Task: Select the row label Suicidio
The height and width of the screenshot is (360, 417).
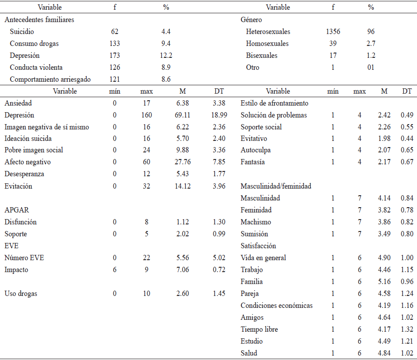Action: pos(22,32)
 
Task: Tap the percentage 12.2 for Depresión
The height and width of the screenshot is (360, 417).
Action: pos(166,56)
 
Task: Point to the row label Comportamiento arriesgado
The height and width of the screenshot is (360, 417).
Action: pos(50,80)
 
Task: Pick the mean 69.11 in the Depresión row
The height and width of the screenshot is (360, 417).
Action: pos(182,115)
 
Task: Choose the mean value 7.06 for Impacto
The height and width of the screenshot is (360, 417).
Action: pos(182,270)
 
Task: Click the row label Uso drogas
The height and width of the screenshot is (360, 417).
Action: pos(21,294)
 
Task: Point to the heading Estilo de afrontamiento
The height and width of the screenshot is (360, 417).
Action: pos(275,103)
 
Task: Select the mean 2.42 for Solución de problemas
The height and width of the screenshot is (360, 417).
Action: pos(384,115)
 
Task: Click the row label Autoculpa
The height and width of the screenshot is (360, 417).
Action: pos(256,150)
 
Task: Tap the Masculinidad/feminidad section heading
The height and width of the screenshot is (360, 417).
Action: pos(276,186)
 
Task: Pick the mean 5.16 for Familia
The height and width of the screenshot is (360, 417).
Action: pos(384,282)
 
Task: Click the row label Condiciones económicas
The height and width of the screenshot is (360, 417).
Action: pos(277,306)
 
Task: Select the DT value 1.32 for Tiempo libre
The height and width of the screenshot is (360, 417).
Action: pos(406,330)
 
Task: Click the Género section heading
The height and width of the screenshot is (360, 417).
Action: pos(252,20)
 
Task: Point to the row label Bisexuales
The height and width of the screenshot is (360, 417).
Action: pos(262,56)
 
